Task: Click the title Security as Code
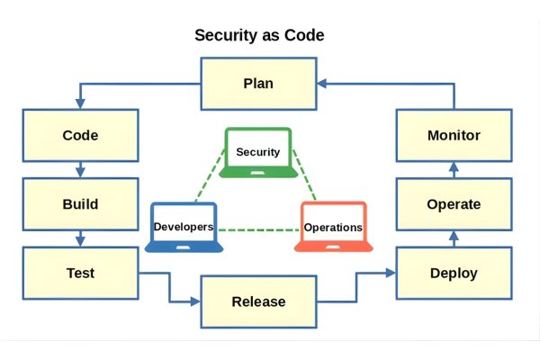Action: pyautogui.click(x=259, y=36)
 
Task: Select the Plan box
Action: pyautogui.click(x=258, y=84)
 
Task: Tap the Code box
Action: pyautogui.click(x=80, y=136)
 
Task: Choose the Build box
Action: pyautogui.click(x=80, y=204)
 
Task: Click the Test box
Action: pyautogui.click(x=80, y=273)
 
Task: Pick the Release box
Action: pyautogui.click(x=258, y=301)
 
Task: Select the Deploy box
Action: pyautogui.click(x=454, y=273)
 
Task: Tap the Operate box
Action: pyautogui.click(x=454, y=204)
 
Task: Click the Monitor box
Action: pyautogui.click(x=454, y=136)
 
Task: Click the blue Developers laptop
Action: pyautogui.click(x=184, y=226)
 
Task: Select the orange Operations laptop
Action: pyautogui.click(x=332, y=226)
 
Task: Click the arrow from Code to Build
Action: pyautogui.click(x=81, y=170)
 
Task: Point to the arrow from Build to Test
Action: pyautogui.click(x=81, y=238)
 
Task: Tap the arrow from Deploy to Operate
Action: pyautogui.click(x=454, y=239)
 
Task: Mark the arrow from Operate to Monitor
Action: pyautogui.click(x=454, y=170)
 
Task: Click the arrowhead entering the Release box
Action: pyautogui.click(x=195, y=301)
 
